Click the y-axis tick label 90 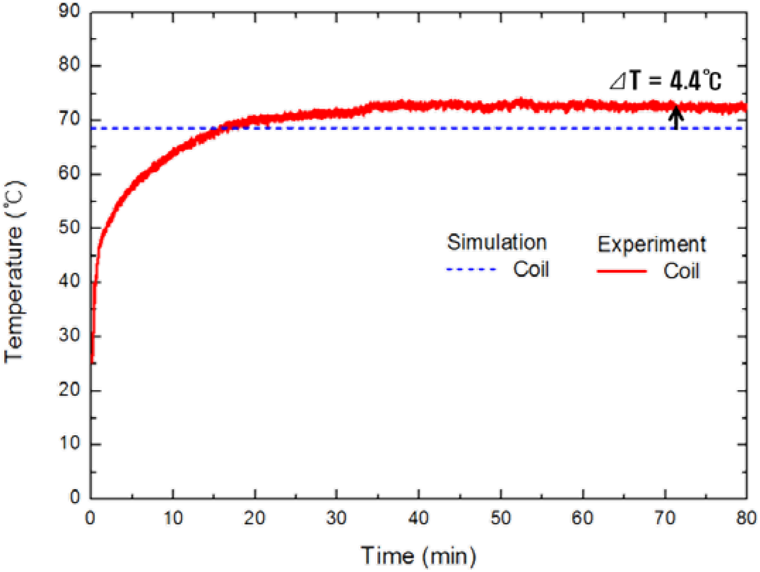coord(69,12)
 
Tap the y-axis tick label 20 coord(69,390)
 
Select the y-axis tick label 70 coord(69,119)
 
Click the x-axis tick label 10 coord(173,518)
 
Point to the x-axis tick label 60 coord(582,518)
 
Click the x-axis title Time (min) coord(418,556)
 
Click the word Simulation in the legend coord(497,243)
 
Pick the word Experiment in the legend coord(651,244)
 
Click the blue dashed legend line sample coord(471,269)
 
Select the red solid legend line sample coord(621,272)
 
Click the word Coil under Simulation coord(531,269)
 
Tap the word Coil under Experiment coord(681,272)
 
